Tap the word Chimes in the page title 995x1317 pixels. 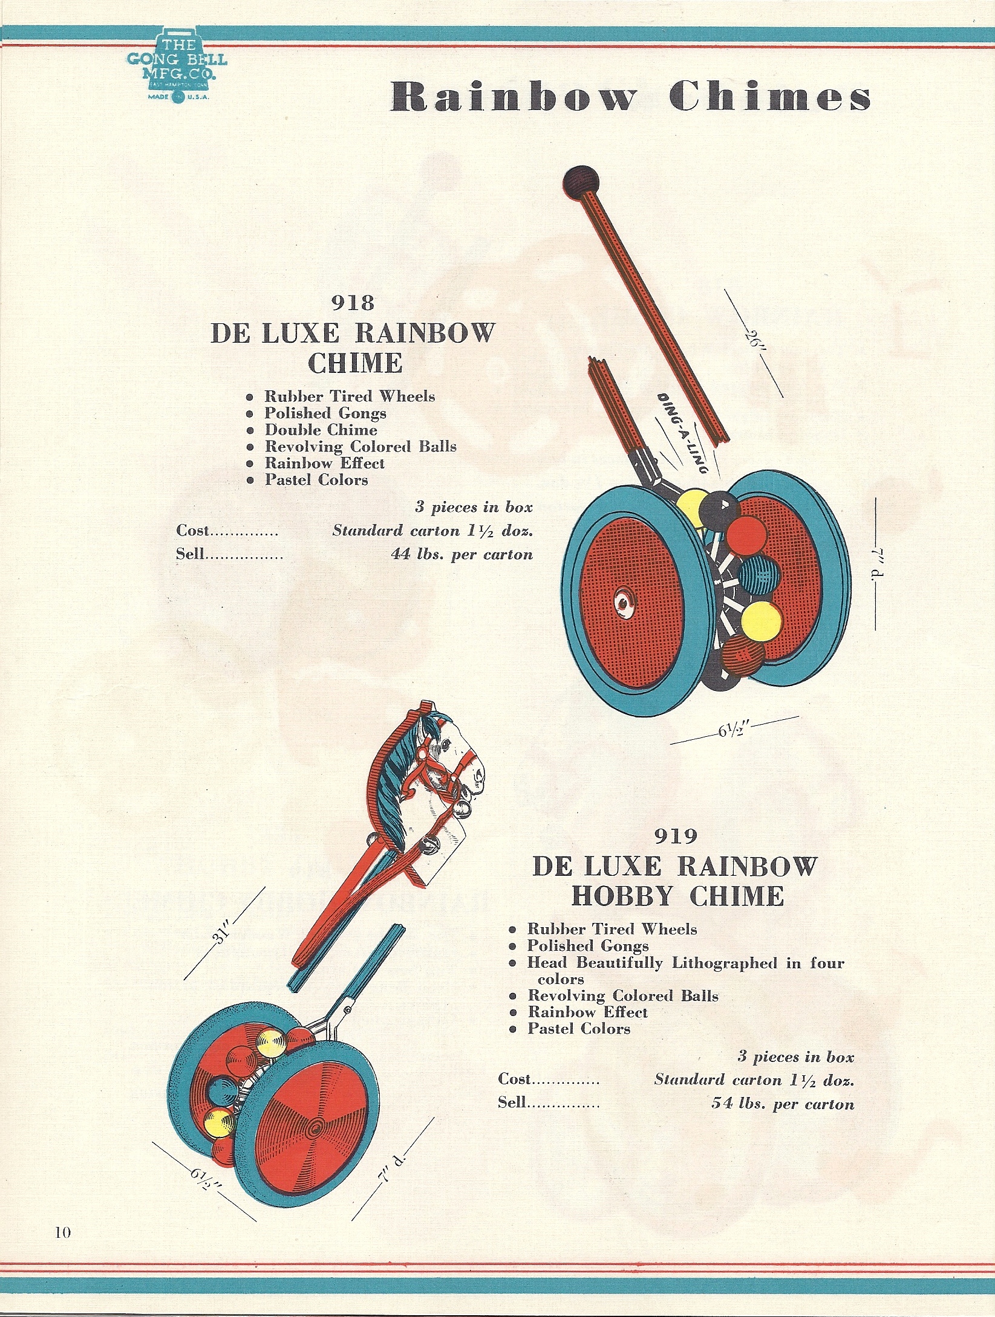pyautogui.click(x=769, y=97)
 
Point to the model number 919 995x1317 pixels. pyautogui.click(x=676, y=836)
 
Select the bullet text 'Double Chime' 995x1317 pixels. pyautogui.click(x=321, y=430)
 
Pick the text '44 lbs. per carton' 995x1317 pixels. pyautogui.click(x=462, y=554)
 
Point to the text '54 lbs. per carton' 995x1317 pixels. pyautogui.click(x=783, y=1104)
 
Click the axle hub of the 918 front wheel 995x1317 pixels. pyautogui.click(x=622, y=602)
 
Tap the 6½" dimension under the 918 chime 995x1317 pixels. pyautogui.click(x=734, y=730)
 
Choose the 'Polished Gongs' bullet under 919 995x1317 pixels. pyautogui.click(x=587, y=946)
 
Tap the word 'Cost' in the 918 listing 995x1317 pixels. pyautogui.click(x=192, y=531)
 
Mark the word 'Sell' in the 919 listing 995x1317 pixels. pyautogui.click(x=512, y=1102)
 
